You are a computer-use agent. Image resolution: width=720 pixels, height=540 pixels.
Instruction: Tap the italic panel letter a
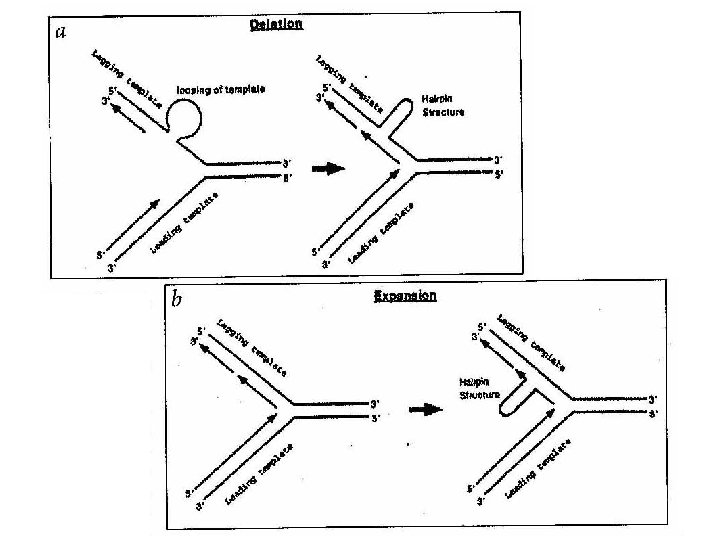pos(61,31)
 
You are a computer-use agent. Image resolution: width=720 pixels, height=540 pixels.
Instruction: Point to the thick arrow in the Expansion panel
pos(427,408)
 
